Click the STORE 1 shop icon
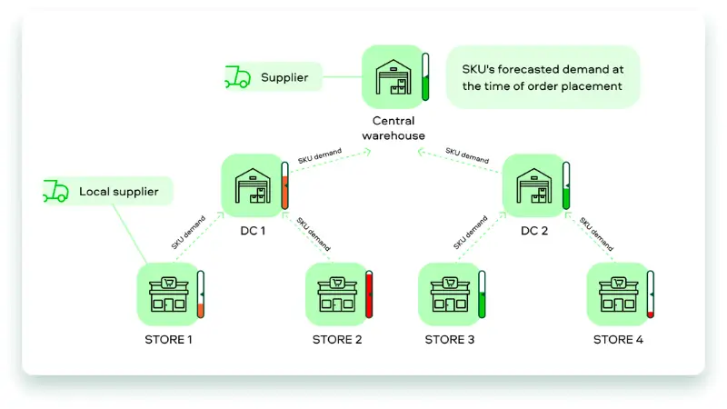[x=168, y=294]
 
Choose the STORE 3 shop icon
[x=449, y=294]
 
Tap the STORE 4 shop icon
[x=618, y=294]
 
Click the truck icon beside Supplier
[x=237, y=77]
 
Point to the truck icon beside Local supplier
[x=55, y=191]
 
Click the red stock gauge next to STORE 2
[x=369, y=294]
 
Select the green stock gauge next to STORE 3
[x=482, y=294]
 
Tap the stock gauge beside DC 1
[x=284, y=186]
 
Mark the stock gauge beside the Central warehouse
[x=424, y=77]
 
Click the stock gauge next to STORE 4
[x=650, y=294]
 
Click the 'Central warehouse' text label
[x=393, y=128]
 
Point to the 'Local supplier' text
[x=118, y=192]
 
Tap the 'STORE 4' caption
[x=618, y=340]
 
